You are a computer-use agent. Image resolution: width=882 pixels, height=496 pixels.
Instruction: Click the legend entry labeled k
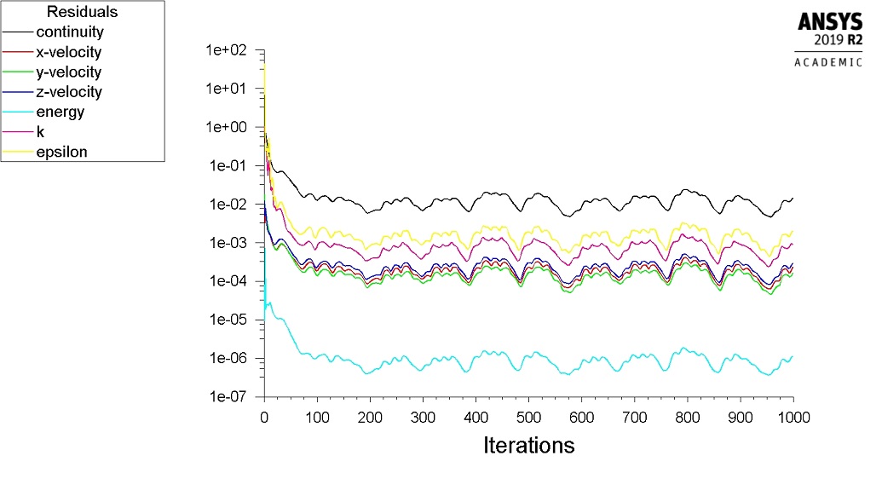(40, 132)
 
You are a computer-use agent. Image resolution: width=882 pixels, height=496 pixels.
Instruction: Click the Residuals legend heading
(82, 12)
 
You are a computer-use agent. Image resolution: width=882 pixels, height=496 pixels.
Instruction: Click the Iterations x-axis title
(528, 445)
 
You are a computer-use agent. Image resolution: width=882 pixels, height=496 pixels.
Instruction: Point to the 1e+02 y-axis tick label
(226, 50)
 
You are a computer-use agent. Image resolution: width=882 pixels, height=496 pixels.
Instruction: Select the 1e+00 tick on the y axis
(226, 127)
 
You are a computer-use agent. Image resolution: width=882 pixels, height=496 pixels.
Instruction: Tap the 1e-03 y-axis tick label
(228, 243)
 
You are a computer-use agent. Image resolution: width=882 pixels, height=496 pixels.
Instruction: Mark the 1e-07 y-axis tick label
(228, 397)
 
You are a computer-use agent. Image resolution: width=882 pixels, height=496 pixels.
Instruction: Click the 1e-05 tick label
(228, 320)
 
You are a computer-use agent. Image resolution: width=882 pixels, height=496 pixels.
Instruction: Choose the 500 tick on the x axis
(528, 417)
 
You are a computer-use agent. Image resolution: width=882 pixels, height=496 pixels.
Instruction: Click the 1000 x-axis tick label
(793, 417)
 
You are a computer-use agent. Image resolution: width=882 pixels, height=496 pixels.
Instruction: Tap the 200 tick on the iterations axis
(370, 417)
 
